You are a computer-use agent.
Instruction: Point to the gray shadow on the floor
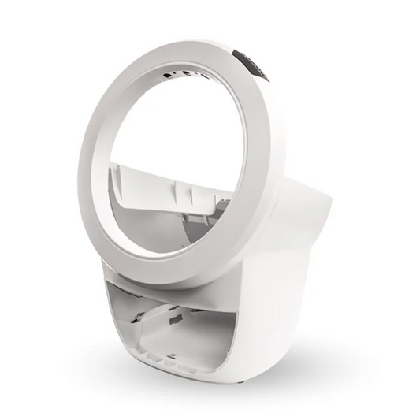(315, 355)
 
